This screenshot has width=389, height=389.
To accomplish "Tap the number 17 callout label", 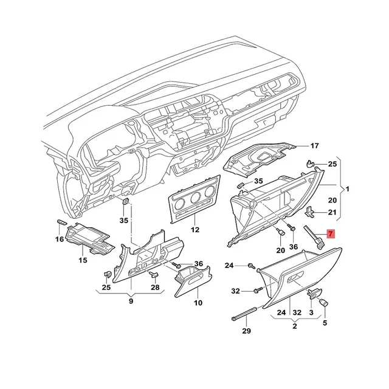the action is point(314,146).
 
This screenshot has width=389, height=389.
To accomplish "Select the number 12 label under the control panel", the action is point(194,230).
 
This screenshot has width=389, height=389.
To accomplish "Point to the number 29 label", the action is point(246,331).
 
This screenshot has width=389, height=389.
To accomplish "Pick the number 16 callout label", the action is point(59,239).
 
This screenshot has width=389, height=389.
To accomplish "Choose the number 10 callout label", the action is point(198,302).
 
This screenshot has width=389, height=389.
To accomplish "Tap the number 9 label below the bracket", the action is point(131,300).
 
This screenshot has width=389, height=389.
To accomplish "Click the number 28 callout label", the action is point(155,287).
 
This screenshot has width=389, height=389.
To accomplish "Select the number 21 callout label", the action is point(332,212).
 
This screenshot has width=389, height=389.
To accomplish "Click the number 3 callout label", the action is point(311,312).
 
